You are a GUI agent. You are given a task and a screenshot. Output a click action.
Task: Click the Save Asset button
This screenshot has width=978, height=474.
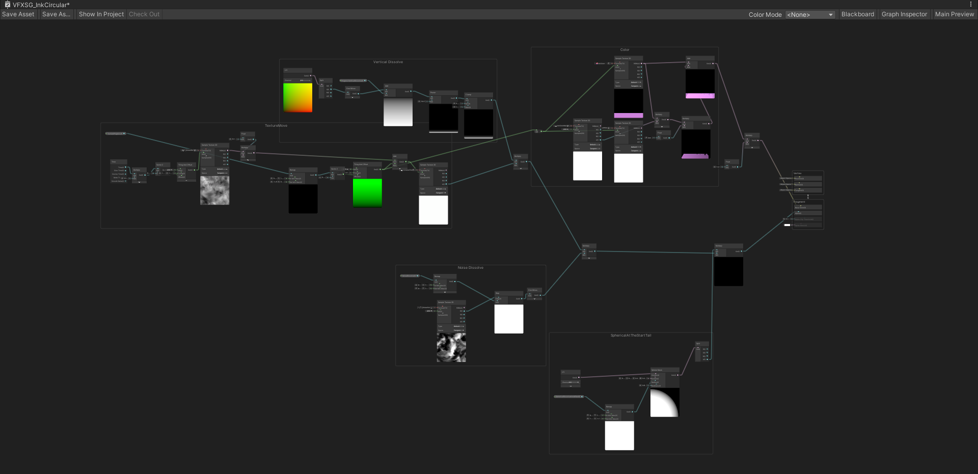tap(18, 14)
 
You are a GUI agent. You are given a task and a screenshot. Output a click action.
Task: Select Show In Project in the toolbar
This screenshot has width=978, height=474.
tap(101, 14)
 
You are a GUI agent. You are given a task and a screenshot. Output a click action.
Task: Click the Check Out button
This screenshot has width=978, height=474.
tap(144, 14)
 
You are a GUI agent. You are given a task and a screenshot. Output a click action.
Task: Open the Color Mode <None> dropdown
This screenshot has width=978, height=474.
tap(810, 15)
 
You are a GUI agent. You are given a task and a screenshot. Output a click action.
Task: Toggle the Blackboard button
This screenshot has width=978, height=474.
tap(857, 14)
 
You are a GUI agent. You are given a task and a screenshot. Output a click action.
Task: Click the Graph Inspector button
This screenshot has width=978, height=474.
tap(904, 14)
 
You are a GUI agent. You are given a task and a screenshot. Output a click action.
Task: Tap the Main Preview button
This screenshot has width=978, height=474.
tap(954, 14)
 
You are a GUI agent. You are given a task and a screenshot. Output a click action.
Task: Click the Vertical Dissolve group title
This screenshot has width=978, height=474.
tap(388, 62)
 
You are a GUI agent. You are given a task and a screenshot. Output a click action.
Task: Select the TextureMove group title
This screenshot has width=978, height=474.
tap(276, 126)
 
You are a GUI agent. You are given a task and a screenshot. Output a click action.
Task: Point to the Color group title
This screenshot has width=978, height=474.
tap(624, 50)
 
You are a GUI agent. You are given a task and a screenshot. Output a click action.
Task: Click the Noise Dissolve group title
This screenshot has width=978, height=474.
tap(470, 268)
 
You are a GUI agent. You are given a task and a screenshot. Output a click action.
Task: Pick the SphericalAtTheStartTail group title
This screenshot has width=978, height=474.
tap(631, 336)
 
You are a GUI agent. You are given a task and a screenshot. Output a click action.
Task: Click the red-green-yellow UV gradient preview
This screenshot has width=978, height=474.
tap(297, 98)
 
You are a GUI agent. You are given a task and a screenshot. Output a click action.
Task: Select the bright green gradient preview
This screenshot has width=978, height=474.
tap(367, 192)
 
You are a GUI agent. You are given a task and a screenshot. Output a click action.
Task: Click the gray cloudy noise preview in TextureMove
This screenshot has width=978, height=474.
tap(214, 190)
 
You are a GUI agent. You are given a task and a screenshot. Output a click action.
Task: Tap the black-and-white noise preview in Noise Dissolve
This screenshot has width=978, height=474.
tap(451, 348)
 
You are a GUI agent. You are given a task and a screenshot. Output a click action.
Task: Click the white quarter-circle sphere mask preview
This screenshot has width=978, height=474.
tap(665, 403)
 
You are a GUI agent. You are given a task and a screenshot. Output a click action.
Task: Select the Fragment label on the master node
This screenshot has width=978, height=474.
tap(799, 202)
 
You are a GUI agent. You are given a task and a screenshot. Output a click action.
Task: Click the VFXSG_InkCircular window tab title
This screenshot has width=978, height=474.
tap(41, 5)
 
